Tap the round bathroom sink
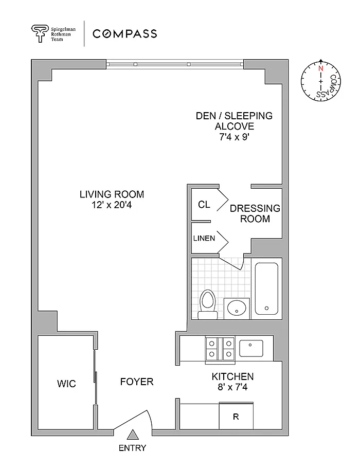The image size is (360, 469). coord(237,308)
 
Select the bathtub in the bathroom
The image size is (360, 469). coord(266,288)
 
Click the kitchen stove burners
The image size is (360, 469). coord(220,349)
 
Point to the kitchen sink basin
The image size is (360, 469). coord(251,348)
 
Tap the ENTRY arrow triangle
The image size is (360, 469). coord(133,435)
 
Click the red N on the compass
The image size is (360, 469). coord(321,68)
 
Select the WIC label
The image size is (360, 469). coord(66,384)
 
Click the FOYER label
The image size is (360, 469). coord(137,382)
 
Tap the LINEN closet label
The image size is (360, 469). coord(204,239)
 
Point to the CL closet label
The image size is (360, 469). coord(204,205)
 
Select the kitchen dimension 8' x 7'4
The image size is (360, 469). coord(232,387)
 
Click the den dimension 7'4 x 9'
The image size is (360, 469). coord(234,137)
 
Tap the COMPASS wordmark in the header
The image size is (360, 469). coord(124,33)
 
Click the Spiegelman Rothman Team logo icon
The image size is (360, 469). coord(40,33)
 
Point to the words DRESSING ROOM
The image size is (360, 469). coord(255,213)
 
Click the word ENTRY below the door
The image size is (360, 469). coord(133,448)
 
